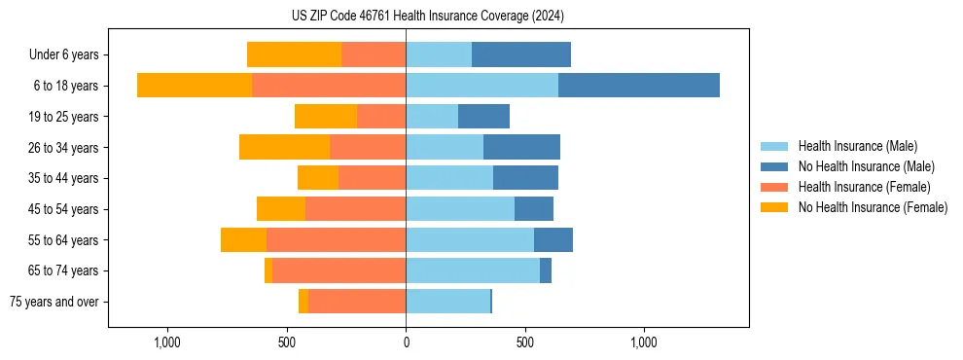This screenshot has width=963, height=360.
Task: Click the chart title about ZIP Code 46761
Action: (427, 17)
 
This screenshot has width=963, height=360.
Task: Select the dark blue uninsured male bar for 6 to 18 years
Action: (638, 86)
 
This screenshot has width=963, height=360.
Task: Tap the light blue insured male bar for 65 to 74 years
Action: (472, 270)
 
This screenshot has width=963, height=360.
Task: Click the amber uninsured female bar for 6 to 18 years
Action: (195, 86)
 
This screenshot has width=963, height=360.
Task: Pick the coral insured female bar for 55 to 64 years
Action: (336, 239)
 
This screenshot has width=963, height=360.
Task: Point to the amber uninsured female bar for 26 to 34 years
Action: (284, 147)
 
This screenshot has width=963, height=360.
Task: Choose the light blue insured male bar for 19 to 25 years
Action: (432, 117)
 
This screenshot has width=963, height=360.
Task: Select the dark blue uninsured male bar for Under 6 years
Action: (520, 54)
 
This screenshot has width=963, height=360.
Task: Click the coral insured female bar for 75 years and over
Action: (357, 302)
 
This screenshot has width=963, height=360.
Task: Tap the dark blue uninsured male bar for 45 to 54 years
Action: (533, 209)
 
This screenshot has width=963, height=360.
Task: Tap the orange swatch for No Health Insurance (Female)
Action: (774, 207)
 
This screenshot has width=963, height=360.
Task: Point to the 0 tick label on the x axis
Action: (406, 342)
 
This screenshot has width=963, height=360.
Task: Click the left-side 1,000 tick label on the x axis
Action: (167, 342)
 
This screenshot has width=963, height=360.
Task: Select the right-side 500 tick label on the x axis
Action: (525, 342)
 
